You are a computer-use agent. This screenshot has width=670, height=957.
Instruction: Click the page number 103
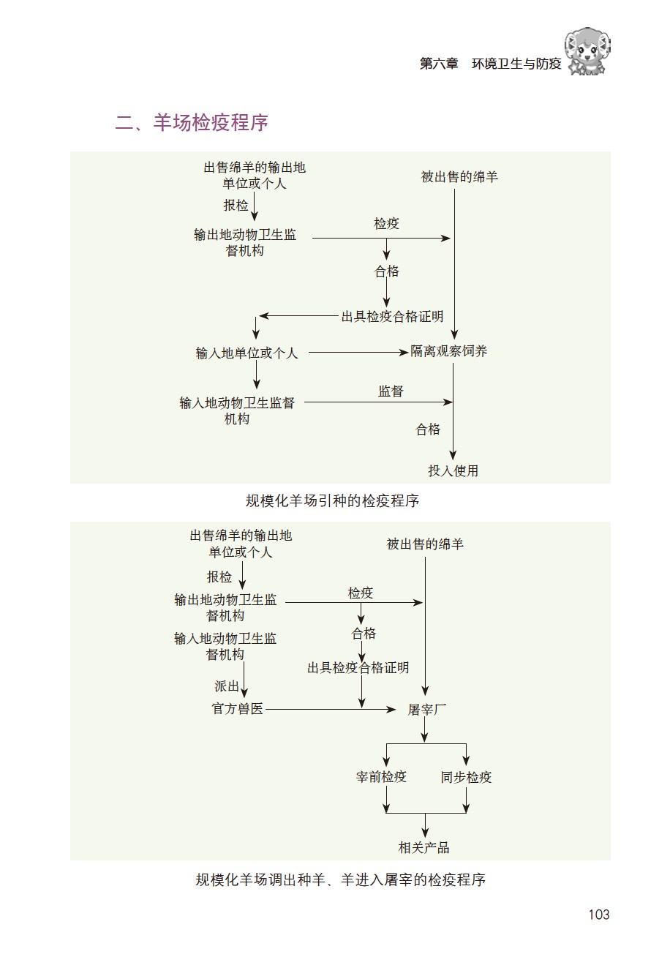click(598, 914)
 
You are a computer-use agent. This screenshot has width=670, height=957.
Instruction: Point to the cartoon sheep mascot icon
click(589, 51)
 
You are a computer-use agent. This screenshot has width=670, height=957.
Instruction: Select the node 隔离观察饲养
click(448, 351)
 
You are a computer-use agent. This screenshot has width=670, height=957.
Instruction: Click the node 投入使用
click(453, 470)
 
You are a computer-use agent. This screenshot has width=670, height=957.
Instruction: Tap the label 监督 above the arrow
click(391, 391)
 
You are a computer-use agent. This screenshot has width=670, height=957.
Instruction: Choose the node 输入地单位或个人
click(247, 353)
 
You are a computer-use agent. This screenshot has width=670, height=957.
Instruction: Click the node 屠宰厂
click(426, 710)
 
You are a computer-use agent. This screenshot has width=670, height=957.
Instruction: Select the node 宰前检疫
click(381, 777)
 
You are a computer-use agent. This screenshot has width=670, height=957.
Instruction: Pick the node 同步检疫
click(467, 777)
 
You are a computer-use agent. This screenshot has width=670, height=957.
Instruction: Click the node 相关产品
click(424, 847)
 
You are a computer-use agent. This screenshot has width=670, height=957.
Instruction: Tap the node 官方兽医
click(237, 709)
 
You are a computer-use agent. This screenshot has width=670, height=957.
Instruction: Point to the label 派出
click(227, 686)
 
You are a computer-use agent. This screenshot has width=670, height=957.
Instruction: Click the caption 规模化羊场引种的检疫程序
click(332, 501)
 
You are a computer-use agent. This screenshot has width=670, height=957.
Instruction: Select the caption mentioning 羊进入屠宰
click(341, 879)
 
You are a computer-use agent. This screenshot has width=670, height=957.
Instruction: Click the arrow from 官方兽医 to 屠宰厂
click(329, 709)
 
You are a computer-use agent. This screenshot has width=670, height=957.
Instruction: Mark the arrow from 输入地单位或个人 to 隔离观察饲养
click(358, 353)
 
